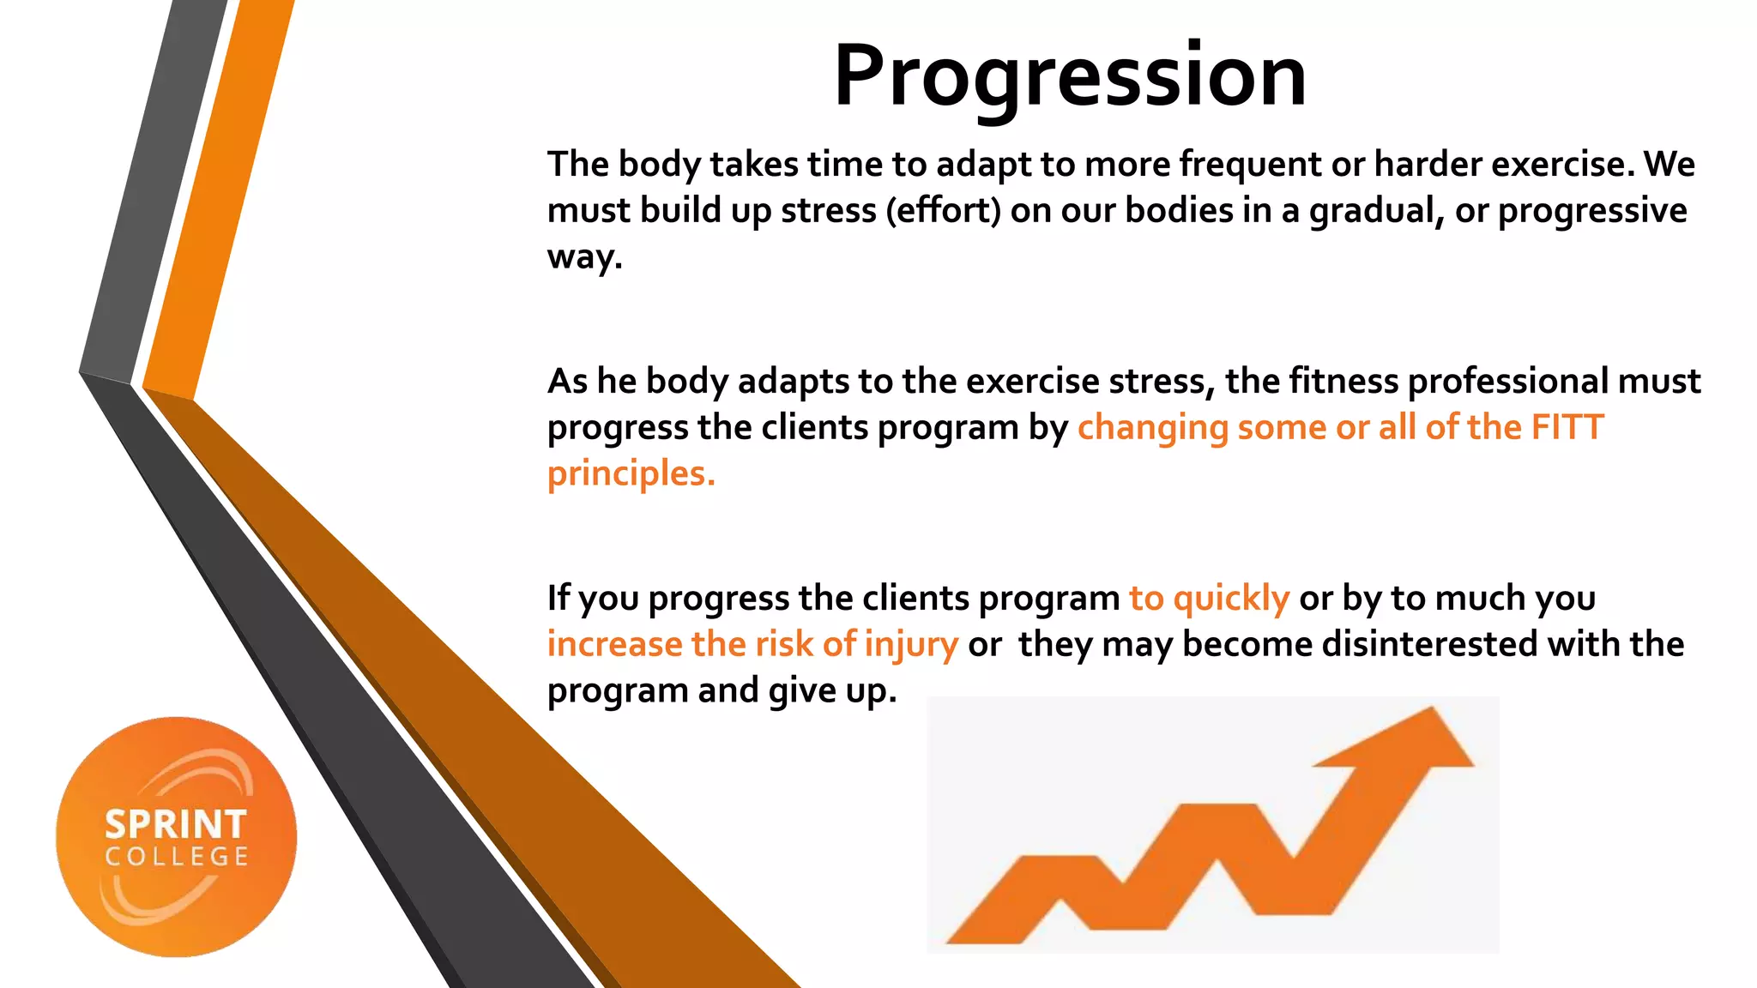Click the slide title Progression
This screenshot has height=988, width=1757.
[x=1070, y=77]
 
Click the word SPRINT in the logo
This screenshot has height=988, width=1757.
[x=176, y=825]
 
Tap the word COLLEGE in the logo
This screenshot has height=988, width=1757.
[x=177, y=857]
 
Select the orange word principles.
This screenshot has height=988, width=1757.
[x=631, y=473]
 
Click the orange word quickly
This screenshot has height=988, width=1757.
[x=1231, y=598]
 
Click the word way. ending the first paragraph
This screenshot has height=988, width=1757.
[x=584, y=257]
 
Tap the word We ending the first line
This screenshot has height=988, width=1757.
[x=1669, y=164]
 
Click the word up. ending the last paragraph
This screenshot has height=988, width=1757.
[x=871, y=691]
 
